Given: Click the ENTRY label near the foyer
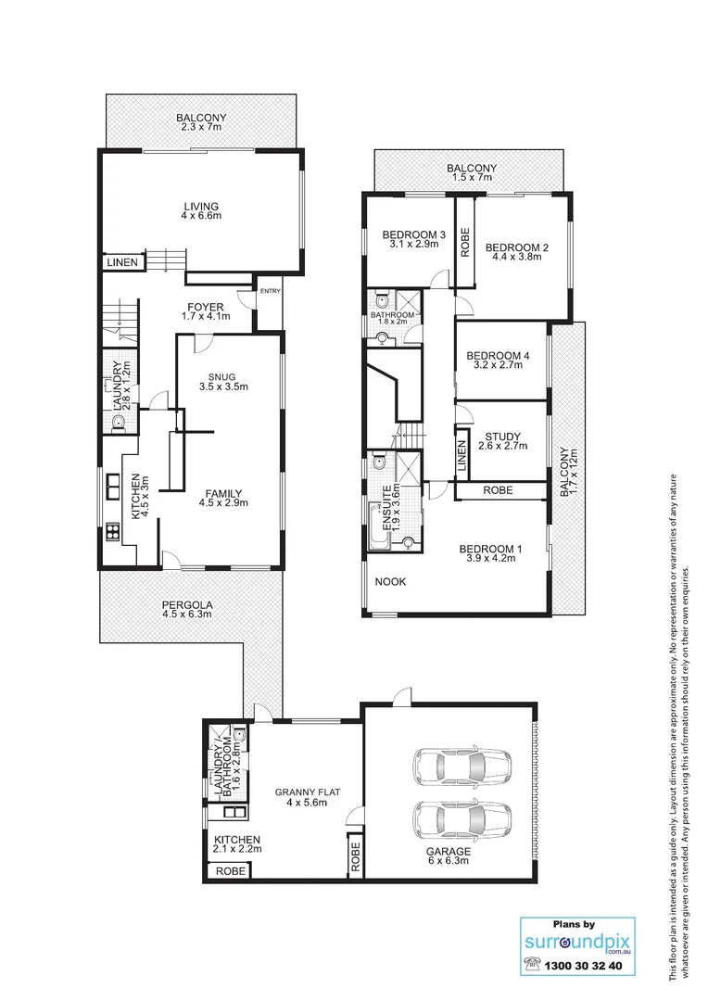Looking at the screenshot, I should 270,292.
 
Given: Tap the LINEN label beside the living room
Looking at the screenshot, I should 121,263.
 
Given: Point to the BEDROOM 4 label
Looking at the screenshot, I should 498,356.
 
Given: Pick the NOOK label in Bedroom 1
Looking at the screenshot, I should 391,582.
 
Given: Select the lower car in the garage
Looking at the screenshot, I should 462,818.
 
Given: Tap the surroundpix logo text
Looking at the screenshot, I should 575,942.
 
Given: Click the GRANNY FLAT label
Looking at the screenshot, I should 308,792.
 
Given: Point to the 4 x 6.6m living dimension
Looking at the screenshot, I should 201,216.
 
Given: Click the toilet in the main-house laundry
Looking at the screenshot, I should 118,424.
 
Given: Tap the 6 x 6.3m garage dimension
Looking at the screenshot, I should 449,862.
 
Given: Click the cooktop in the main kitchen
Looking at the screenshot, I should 112,532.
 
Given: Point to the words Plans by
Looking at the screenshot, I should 575,923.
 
